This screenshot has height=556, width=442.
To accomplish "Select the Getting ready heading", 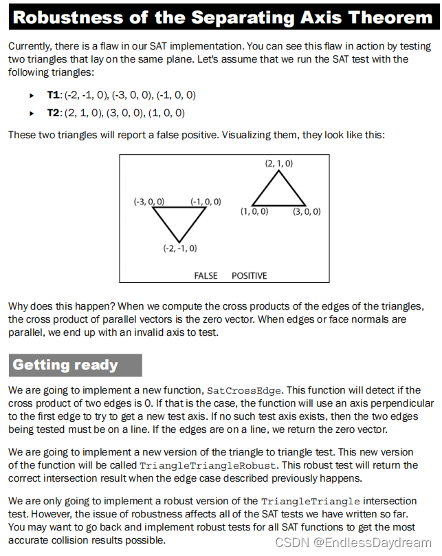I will click(x=65, y=365).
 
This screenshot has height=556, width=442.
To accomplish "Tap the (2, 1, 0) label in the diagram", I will click(x=278, y=163).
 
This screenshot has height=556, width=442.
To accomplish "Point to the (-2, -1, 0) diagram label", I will click(x=179, y=248).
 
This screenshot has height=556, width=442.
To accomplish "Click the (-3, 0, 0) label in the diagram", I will click(x=148, y=202).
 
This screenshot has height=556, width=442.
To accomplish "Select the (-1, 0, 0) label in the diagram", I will click(x=206, y=202).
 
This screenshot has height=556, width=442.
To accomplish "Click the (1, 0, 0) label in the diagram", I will click(x=254, y=211).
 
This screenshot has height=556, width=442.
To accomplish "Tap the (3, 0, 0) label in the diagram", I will click(x=307, y=211).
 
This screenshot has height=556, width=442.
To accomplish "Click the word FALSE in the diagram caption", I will click(x=206, y=275).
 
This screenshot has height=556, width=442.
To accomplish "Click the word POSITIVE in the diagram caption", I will click(x=250, y=275).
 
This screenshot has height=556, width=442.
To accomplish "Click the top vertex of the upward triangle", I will click(x=278, y=171).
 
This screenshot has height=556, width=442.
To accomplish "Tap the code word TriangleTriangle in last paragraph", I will click(x=304, y=500).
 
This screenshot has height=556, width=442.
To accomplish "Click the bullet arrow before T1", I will click(x=32, y=95).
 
